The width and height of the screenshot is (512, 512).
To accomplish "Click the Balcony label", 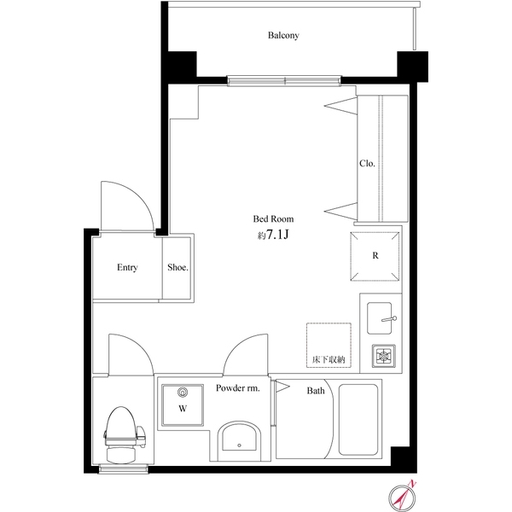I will click(283, 36).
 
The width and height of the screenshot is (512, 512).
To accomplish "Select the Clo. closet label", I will click(367, 163).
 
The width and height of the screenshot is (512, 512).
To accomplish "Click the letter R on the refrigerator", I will click(375, 255).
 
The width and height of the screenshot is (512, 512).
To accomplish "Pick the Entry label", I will click(127, 267).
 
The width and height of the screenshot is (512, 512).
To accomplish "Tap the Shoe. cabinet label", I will click(177, 267).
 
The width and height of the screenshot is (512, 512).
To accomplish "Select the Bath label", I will click(316, 392).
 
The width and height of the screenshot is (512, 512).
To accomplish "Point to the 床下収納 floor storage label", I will click(329, 359).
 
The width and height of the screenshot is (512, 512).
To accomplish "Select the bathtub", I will click(358, 419).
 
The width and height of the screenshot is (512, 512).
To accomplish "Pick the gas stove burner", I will click(380, 355).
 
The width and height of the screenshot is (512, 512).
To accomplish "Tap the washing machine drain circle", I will click(181, 393).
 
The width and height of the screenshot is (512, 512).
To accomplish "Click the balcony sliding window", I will click(285, 82).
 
